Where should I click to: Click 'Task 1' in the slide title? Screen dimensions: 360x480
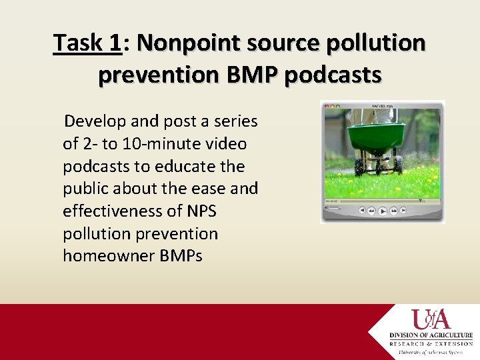point(87,43)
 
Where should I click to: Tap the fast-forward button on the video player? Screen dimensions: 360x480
point(394,211)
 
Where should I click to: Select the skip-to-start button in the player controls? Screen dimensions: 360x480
point(362,211)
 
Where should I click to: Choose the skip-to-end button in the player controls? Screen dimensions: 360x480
point(404,211)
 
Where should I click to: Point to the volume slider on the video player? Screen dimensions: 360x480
point(334,208)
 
